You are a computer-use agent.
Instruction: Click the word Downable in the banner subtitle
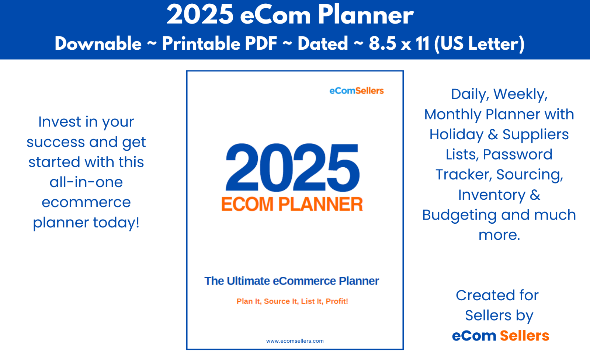pyautogui.click(x=98, y=43)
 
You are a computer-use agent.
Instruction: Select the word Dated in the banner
pyautogui.click(x=323, y=43)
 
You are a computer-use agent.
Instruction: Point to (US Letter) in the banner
pyautogui.click(x=479, y=44)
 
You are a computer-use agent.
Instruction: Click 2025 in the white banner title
pyautogui.click(x=200, y=15)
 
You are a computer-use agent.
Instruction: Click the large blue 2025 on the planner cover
pyautogui.click(x=292, y=167)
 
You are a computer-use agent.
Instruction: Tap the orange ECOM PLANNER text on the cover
pyautogui.click(x=292, y=204)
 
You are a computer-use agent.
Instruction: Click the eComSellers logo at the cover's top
pyautogui.click(x=357, y=91)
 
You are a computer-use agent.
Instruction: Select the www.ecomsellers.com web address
pyautogui.click(x=295, y=341)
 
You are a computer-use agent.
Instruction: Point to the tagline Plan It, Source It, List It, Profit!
pyautogui.click(x=292, y=301)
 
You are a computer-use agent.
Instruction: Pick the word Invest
pyautogui.click(x=59, y=122)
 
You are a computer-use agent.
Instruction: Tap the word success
pyautogui.click(x=56, y=142)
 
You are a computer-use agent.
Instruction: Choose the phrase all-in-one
pyautogui.click(x=86, y=182)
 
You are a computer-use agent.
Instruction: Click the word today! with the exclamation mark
pyautogui.click(x=116, y=222)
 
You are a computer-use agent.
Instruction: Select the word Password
pyautogui.click(x=518, y=154)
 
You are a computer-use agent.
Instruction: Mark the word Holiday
pyautogui.click(x=457, y=135)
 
